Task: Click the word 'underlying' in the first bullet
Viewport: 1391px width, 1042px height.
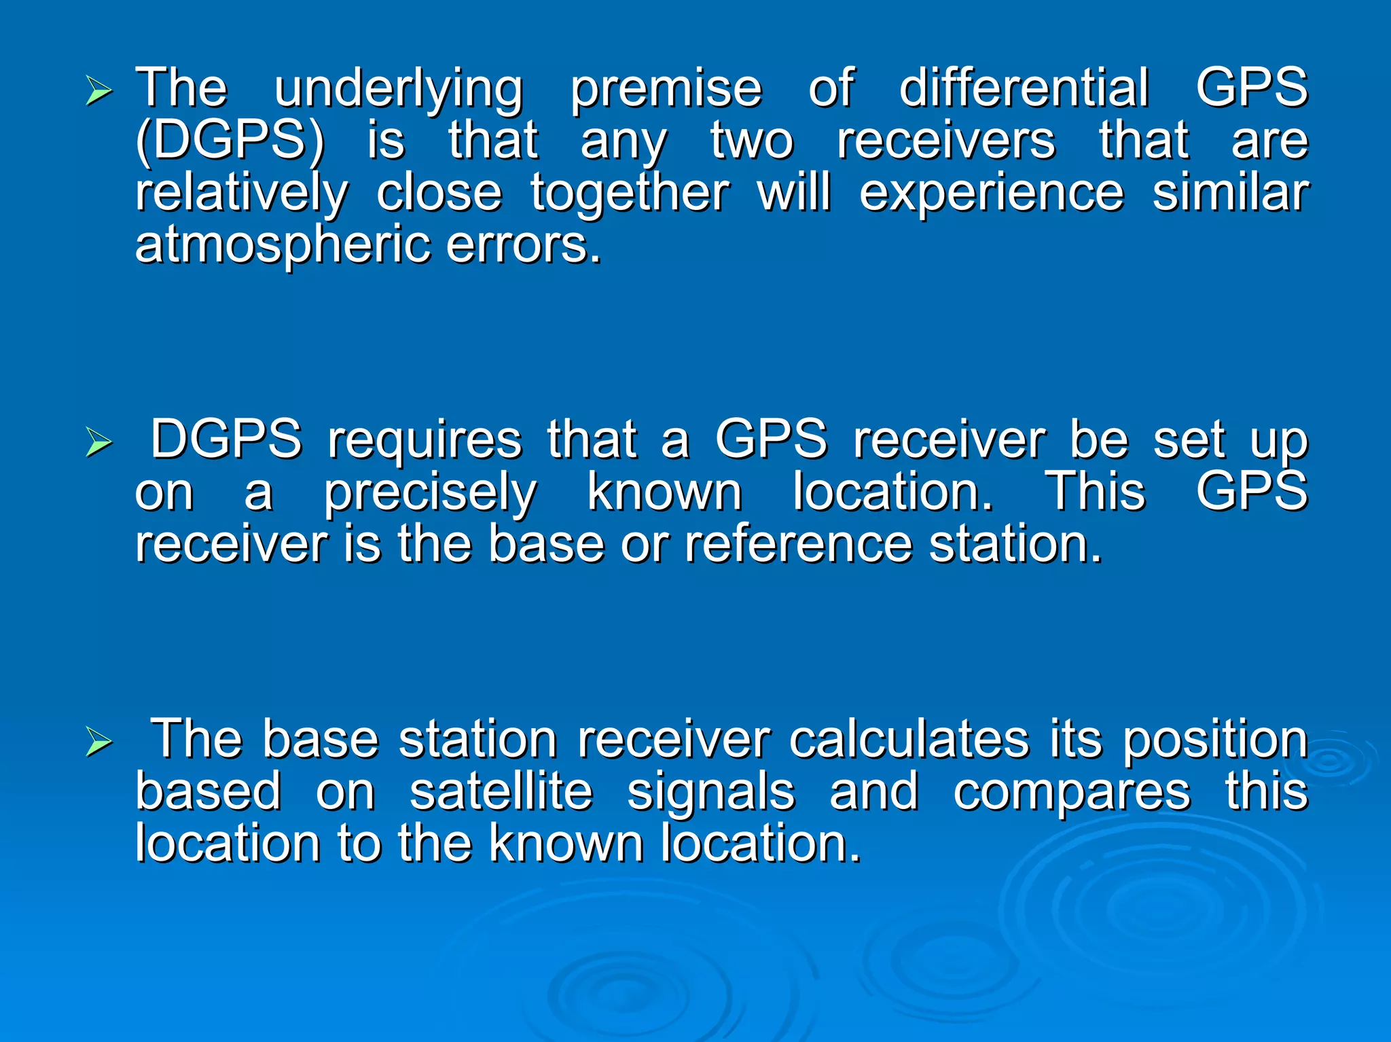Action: (399, 90)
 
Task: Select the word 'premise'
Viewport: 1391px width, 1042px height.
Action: (666, 90)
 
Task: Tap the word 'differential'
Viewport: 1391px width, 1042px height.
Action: (1024, 88)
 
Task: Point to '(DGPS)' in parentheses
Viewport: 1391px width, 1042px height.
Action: (230, 141)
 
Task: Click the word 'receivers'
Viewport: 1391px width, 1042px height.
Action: (945, 141)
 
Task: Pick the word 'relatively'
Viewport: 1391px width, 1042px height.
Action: (241, 194)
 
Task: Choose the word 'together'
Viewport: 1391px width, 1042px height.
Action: (630, 194)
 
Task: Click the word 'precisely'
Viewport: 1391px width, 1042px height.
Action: (430, 494)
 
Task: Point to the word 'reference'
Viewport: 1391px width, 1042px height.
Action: (798, 545)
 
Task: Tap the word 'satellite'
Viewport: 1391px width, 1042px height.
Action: (501, 791)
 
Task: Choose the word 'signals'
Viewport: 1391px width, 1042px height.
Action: (710, 793)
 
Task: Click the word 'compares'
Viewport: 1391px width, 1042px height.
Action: (1071, 793)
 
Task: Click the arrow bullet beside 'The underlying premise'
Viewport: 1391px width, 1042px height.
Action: (99, 91)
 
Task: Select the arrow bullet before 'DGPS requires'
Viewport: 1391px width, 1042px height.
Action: (99, 443)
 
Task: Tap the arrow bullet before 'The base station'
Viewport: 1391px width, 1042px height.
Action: (99, 742)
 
